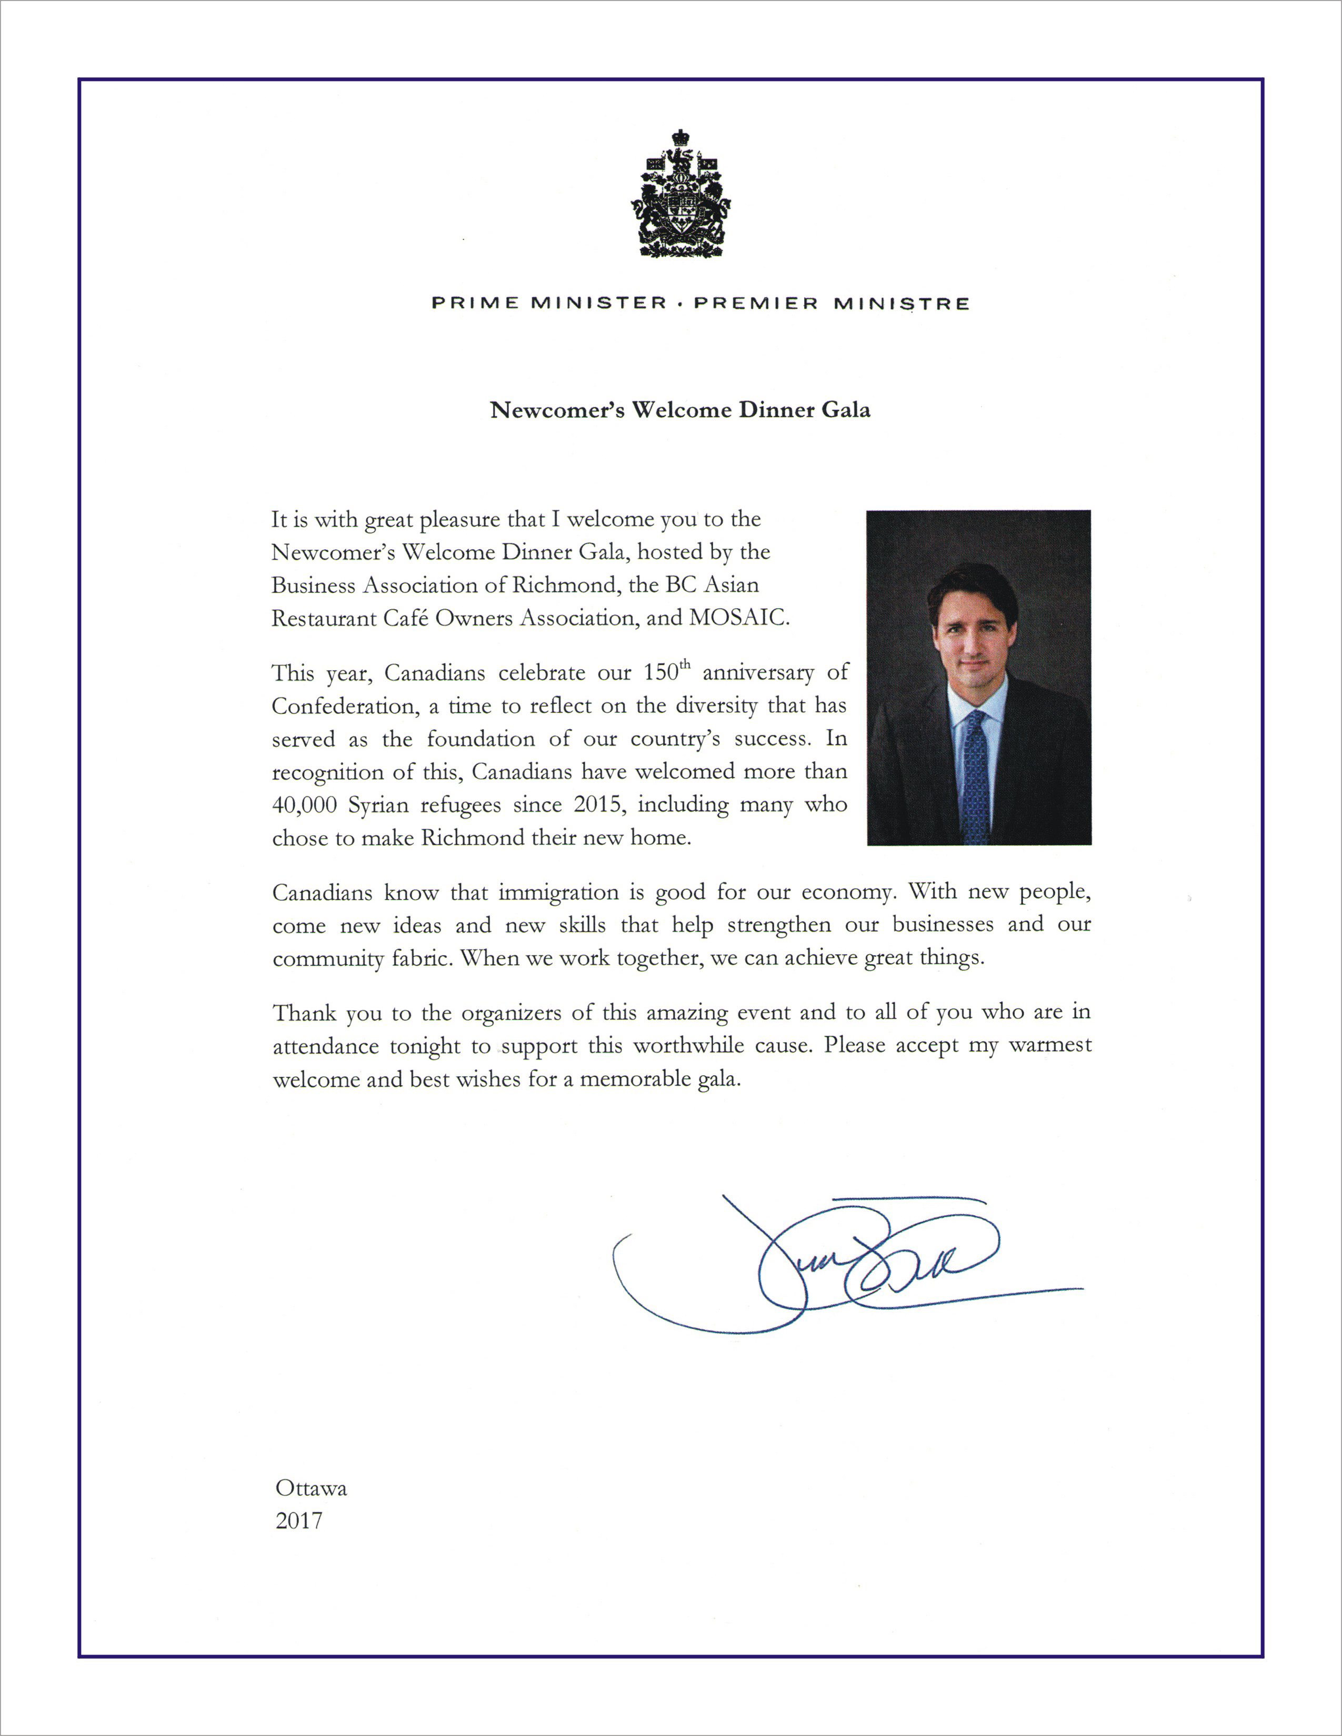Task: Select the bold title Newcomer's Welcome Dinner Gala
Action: tap(680, 410)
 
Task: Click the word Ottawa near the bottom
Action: tap(311, 1488)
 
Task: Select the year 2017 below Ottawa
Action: tap(299, 1521)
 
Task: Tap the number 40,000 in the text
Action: tap(303, 805)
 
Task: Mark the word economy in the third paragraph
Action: tap(846, 893)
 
